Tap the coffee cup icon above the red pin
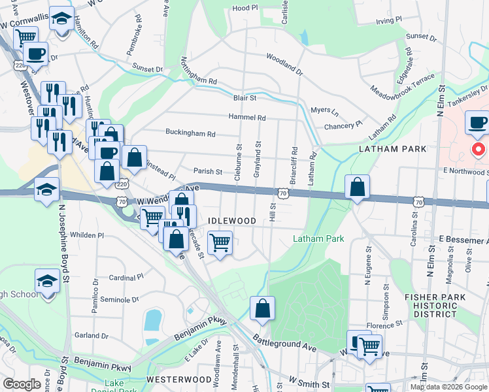[x=477, y=122]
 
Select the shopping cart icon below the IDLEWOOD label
[x=220, y=242]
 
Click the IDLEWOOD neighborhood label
[x=231, y=221]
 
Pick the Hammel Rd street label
[x=247, y=118]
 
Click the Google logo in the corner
[x=22, y=384]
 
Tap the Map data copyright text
[x=448, y=387]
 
